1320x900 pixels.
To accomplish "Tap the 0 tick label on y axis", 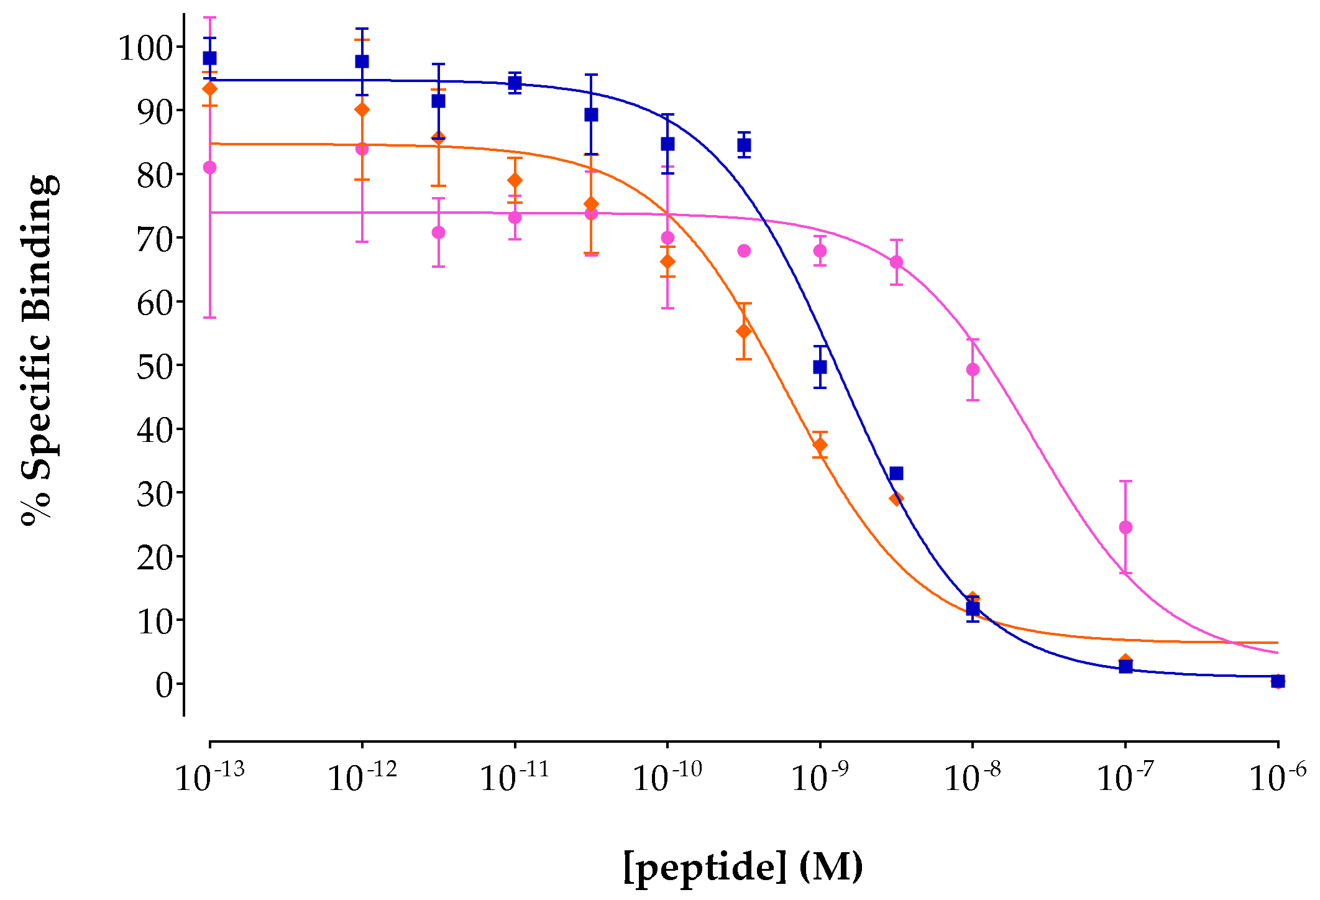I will pos(165,685).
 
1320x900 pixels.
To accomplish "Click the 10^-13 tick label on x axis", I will pos(210,776).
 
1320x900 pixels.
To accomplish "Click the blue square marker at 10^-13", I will pos(210,58).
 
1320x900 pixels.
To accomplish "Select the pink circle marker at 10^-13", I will pos(210,168).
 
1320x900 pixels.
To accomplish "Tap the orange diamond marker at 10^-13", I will pos(210,89).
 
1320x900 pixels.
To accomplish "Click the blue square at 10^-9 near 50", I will pos(820,367).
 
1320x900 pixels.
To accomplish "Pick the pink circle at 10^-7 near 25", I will pos(1125,527).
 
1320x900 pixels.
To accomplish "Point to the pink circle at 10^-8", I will pos(973,370).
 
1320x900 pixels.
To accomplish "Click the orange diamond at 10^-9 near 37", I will pos(820,445).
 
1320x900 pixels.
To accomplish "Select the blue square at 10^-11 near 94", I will pos(515,83).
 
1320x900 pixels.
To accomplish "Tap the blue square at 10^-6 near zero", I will pos(1278,681).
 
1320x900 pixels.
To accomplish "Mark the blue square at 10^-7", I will pos(1125,667).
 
